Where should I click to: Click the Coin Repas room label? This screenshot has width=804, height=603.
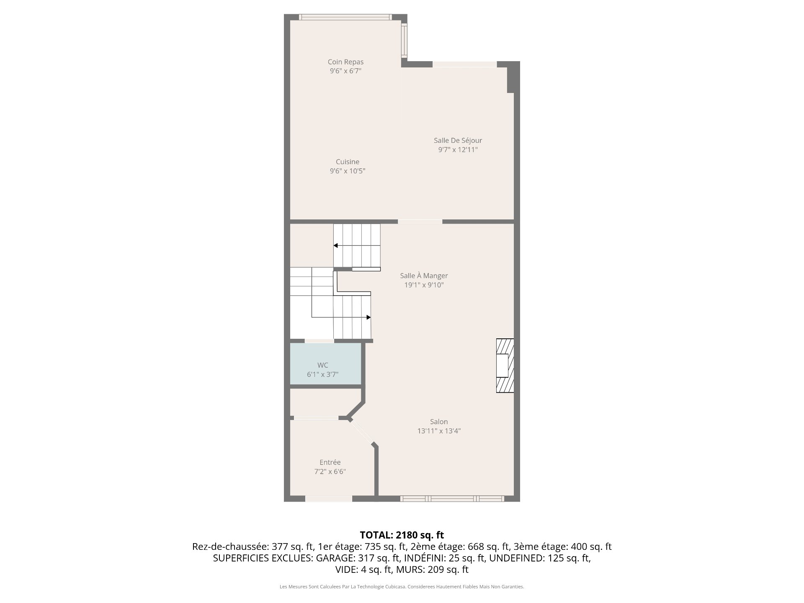click(345, 62)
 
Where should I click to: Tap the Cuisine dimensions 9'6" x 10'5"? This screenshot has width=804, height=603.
click(348, 171)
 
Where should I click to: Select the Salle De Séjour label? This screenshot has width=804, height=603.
click(458, 141)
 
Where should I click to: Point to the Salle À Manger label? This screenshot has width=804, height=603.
click(424, 276)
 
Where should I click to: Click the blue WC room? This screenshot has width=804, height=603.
click(326, 363)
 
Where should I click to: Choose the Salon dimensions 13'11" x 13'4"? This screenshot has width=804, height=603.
click(439, 431)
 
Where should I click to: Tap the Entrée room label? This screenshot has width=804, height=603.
click(330, 462)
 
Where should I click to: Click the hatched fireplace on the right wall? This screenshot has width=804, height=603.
click(505, 366)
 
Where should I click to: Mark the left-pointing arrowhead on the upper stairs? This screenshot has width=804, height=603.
click(335, 245)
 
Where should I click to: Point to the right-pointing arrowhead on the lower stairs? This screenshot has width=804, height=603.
click(368, 317)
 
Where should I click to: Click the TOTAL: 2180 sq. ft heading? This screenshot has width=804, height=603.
click(402, 535)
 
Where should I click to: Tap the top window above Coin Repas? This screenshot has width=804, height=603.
click(345, 17)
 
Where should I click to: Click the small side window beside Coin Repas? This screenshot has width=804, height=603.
click(404, 40)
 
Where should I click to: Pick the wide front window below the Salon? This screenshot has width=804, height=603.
click(452, 498)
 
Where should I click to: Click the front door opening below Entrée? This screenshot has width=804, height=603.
click(329, 498)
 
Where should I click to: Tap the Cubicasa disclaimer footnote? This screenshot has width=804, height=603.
click(402, 587)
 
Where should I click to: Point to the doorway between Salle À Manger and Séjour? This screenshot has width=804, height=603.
click(420, 221)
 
